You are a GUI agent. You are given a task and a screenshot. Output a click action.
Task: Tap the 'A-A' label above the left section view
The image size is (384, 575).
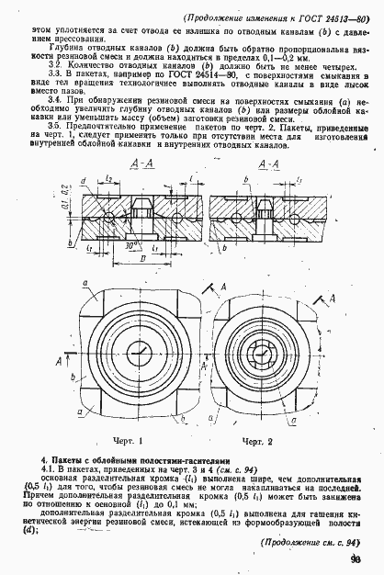[x=141, y=163]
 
